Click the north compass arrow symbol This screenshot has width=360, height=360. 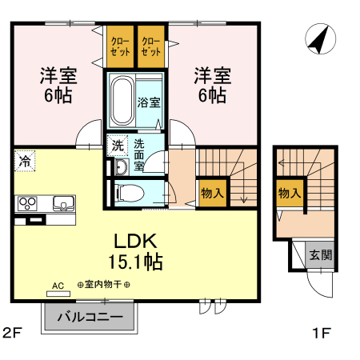(x=319, y=39)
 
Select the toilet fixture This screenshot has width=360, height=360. (x=128, y=192)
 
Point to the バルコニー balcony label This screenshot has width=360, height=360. (x=89, y=317)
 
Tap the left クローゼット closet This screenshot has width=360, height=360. (x=120, y=46)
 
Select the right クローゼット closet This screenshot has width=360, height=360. (x=152, y=46)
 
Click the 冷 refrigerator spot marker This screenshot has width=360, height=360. (x=25, y=161)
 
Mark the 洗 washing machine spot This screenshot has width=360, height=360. (x=116, y=146)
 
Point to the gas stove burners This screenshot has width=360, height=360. (x=28, y=202)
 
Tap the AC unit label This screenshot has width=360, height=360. (x=58, y=285)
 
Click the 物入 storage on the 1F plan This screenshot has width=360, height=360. (x=289, y=193)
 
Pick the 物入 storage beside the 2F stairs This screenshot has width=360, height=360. (x=212, y=193)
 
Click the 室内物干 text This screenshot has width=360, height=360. (x=104, y=285)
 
